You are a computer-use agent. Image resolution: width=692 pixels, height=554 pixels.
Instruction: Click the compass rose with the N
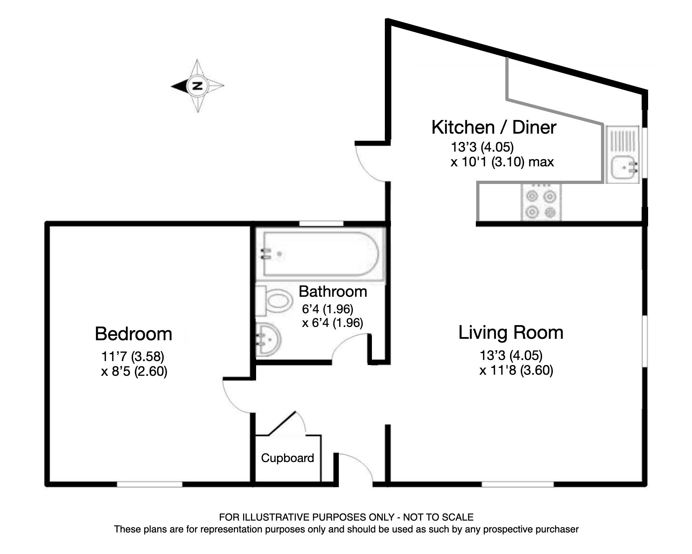tap(197, 86)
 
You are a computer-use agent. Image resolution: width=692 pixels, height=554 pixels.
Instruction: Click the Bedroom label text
tap(133, 334)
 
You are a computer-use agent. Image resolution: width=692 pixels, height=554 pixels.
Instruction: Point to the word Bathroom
tap(333, 291)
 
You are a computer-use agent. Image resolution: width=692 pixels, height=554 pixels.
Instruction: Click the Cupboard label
tap(287, 458)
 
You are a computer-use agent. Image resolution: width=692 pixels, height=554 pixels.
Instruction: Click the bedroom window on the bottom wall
tap(150, 484)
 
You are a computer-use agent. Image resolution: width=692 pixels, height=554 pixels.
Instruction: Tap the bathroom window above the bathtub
tap(321, 223)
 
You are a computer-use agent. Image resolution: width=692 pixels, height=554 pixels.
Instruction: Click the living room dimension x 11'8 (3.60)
tap(516, 370)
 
